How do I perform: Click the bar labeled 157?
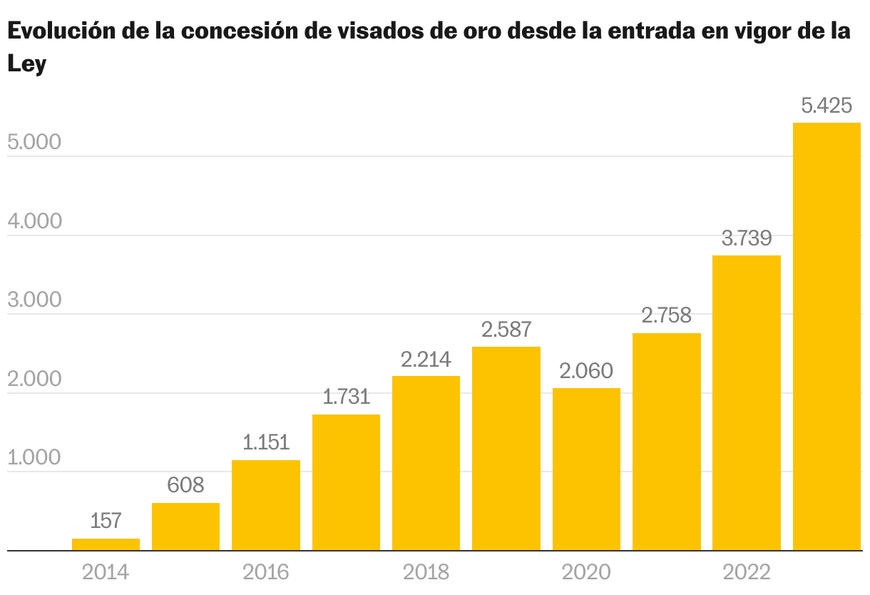coord(106,544)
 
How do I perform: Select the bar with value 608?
coord(185,527)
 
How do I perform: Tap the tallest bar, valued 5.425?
coord(826,337)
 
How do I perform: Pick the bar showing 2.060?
coord(586,469)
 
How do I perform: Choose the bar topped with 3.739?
coord(747,403)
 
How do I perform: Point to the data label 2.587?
coord(506,330)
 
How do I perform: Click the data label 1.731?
coord(346,397)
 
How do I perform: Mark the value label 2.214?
coord(426,360)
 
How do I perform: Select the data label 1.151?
coord(266,443)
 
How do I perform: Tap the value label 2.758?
coord(666,316)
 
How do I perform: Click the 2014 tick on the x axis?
coord(106,573)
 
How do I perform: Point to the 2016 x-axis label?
coord(266,573)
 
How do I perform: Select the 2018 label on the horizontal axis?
coord(426,573)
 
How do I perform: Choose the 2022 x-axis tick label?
coord(747,573)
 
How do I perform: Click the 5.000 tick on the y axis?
coord(34,143)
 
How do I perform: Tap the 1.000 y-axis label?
coord(34,458)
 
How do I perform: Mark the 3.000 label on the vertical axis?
coord(34,300)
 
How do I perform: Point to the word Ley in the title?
coord(26,65)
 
